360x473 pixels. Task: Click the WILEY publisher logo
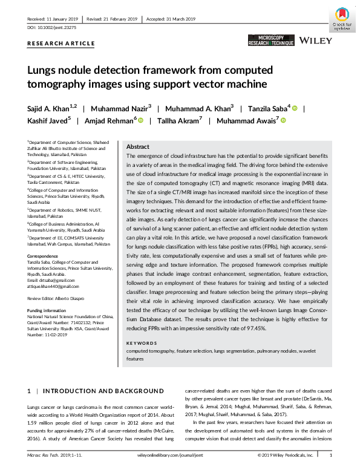click(x=315, y=41)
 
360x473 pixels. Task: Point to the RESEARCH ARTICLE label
click(x=61, y=44)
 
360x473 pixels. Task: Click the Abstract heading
click(x=138, y=147)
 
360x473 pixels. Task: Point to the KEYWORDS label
click(x=143, y=344)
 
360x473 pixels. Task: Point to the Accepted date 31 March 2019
click(x=181, y=19)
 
